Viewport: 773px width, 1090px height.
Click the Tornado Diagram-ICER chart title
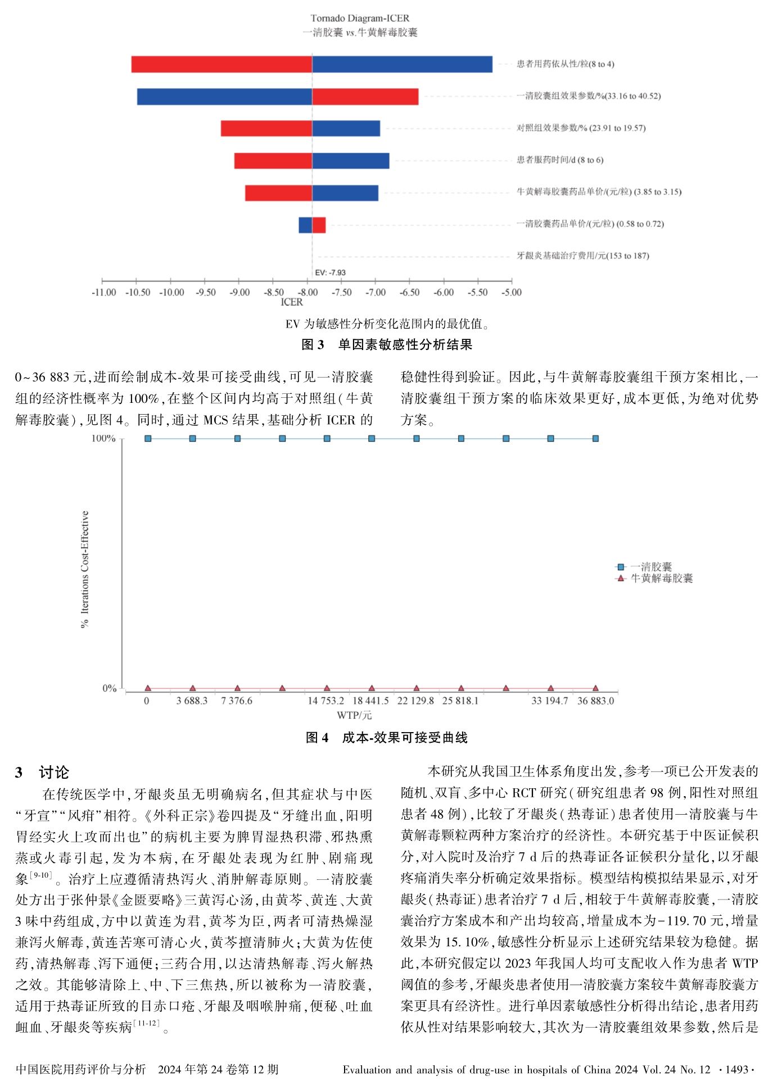(360, 19)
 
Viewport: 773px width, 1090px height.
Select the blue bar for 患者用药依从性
(402, 64)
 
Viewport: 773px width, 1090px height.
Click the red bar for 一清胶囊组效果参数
(365, 97)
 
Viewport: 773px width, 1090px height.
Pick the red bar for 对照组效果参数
(266, 128)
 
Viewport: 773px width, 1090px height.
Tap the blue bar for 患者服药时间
(350, 161)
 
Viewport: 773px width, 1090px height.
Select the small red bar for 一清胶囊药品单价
(319, 225)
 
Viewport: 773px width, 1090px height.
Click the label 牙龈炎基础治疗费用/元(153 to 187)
(582, 256)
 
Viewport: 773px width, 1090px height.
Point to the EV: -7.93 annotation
(330, 272)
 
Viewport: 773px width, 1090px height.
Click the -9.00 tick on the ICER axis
(240, 292)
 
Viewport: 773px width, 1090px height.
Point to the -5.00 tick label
(511, 292)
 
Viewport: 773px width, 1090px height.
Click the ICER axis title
(292, 302)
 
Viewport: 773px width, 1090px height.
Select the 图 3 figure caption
(387, 344)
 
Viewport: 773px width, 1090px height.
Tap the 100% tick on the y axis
(103, 438)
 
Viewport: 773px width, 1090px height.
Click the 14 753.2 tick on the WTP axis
(326, 701)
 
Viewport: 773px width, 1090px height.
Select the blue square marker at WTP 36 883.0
(595, 438)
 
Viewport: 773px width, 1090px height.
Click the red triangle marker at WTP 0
(148, 688)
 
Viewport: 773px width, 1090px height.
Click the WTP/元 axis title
(354, 715)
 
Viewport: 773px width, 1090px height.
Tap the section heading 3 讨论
(42, 772)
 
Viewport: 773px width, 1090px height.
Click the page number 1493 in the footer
(736, 1070)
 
